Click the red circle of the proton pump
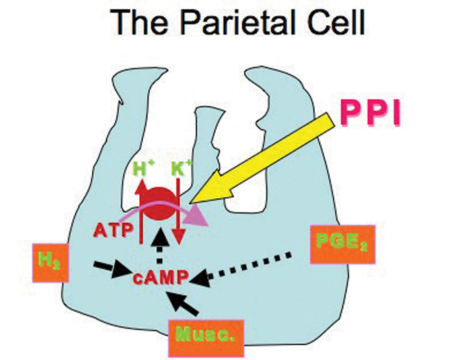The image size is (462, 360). coord(160,203)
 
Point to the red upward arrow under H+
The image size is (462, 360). coord(141,205)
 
